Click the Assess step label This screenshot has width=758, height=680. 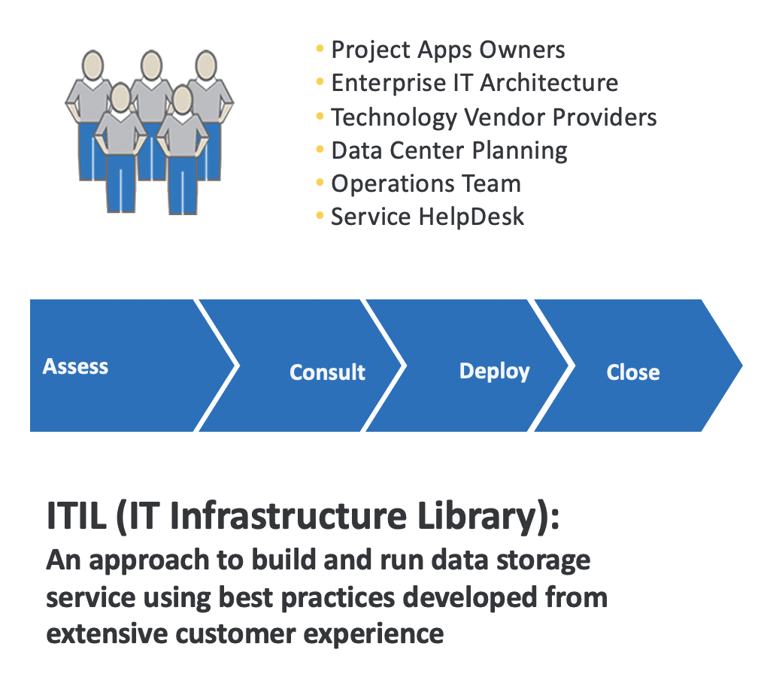point(75,367)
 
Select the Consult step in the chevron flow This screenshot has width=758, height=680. point(327,372)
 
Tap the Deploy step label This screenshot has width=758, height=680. point(494,372)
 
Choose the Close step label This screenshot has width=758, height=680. point(632,372)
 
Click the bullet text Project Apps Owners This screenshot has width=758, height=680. point(447,50)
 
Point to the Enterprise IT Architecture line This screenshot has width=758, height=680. point(474,83)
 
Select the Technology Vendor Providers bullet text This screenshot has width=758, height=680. point(493,117)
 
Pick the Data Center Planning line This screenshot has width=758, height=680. point(449,150)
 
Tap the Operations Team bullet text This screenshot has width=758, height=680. point(426,184)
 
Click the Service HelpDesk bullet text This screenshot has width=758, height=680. point(427,217)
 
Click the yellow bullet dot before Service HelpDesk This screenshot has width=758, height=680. point(320,217)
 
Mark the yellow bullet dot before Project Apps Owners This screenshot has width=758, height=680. point(320,50)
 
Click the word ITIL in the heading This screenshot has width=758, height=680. point(77,518)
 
